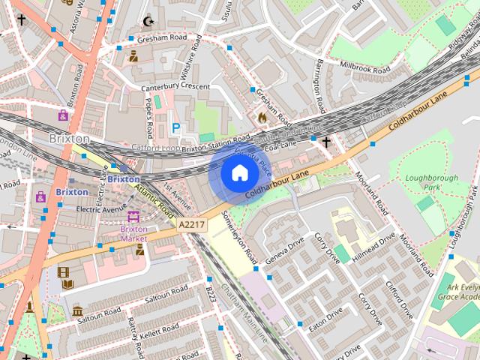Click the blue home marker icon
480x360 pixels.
239,173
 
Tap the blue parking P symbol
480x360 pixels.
176,128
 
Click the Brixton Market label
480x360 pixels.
133,233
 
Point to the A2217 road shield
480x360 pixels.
190,223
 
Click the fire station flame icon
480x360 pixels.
262,117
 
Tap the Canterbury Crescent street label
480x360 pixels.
175,88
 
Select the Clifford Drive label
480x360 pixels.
398,299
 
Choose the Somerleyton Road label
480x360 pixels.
239,235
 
